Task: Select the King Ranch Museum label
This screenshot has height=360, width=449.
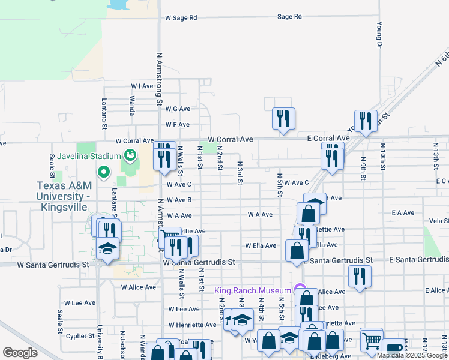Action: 252,291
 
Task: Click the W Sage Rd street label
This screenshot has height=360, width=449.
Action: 181,18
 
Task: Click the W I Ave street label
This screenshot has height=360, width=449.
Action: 142,86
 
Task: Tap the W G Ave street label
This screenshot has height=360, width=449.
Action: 177,109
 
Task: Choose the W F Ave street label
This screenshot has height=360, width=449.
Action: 177,125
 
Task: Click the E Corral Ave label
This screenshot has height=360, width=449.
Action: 328,139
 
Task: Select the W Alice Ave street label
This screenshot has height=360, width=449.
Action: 138,287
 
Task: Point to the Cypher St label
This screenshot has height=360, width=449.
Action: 77,336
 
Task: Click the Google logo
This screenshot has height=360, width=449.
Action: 20,353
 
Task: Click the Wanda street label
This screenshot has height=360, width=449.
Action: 131,107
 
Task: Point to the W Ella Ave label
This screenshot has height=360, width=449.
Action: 260,245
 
